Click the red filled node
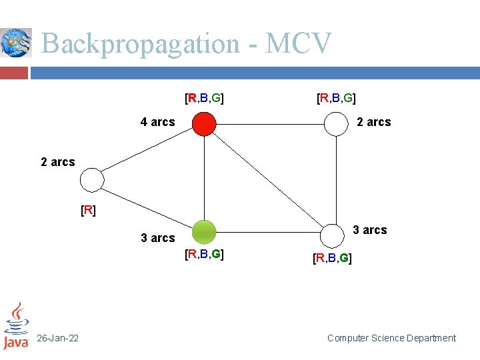(x=204, y=123)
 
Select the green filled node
(x=204, y=233)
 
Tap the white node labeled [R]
(x=92, y=180)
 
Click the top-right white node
(x=337, y=123)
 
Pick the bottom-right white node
(x=331, y=235)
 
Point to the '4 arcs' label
(x=157, y=122)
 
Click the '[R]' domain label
(x=88, y=211)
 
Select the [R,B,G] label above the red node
(x=204, y=99)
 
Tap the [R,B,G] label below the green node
(x=204, y=254)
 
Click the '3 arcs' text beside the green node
(x=157, y=238)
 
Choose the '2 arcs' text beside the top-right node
(x=374, y=122)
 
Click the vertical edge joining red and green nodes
(x=204, y=178)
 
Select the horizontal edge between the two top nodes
(x=270, y=123)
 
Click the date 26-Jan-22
(x=57, y=339)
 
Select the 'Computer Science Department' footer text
(x=391, y=339)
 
